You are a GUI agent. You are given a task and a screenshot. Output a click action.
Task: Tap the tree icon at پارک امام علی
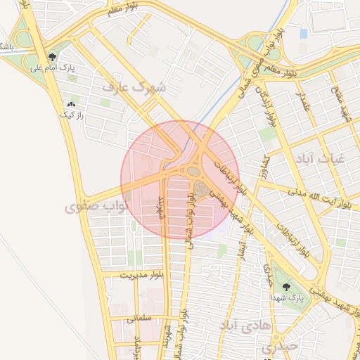pos(53,57)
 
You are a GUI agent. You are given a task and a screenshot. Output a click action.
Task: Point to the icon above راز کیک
pos(70,104)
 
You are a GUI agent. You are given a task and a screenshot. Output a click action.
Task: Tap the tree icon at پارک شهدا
pos(285,287)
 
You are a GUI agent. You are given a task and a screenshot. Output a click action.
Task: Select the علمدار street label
pos(303,105)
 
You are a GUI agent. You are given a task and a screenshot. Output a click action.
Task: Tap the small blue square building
pos(303,33)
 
